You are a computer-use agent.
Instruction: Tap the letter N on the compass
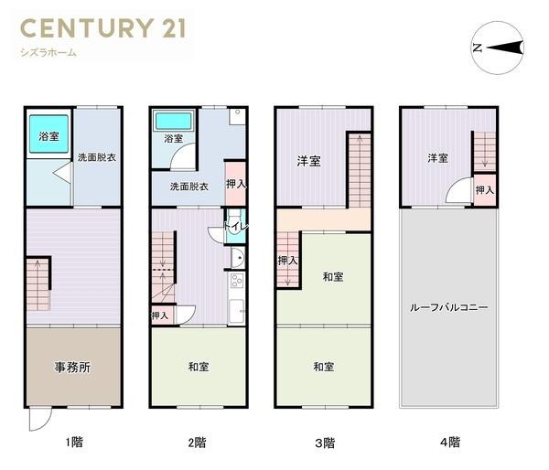point(477,48)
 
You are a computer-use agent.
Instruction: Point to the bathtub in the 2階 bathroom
point(172,122)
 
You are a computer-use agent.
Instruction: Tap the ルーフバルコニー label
point(448,307)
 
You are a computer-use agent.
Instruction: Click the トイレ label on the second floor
point(234,225)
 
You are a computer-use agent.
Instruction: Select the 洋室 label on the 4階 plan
point(436,158)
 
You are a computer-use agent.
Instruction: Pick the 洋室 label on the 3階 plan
point(308,162)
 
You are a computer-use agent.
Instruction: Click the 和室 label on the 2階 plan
point(199,367)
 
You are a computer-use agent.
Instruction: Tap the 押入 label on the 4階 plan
point(485,190)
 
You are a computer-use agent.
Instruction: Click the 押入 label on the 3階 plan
point(287,261)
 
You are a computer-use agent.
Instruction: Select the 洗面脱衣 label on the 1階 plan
point(96,156)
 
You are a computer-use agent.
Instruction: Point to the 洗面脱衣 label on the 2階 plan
point(188,187)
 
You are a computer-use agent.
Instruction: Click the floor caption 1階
point(73,443)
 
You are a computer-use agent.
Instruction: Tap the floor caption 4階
point(449,443)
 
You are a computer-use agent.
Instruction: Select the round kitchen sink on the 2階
point(236,257)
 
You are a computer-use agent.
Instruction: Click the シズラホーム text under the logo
point(48,53)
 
